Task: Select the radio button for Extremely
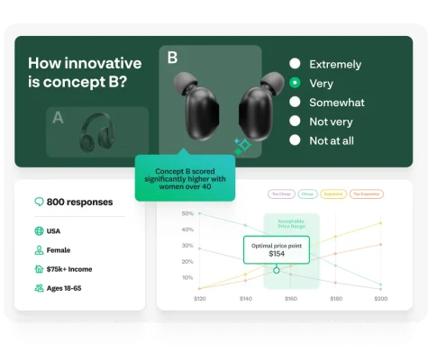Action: point(295,64)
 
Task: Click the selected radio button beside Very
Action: point(295,83)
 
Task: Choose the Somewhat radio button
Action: point(295,103)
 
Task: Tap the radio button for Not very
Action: point(295,121)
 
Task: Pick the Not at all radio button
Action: point(295,140)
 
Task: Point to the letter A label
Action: point(59,117)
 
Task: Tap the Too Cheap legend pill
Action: point(281,193)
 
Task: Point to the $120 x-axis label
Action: point(199,298)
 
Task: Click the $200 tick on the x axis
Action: point(380,298)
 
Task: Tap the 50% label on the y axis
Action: point(187,214)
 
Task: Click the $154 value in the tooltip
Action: point(276,254)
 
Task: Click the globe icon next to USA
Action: point(39,231)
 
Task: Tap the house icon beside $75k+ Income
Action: point(39,268)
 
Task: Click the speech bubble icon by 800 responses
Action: point(39,202)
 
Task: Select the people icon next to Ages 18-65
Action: point(39,288)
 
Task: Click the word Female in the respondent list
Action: point(59,250)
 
